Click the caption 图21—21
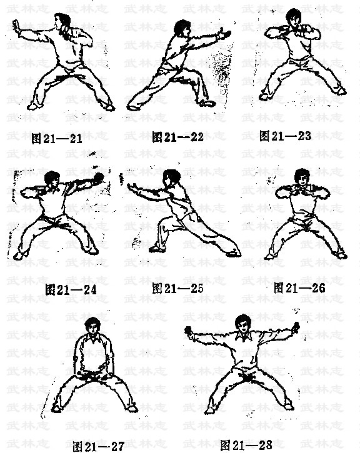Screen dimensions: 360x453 pyautogui.click(x=57, y=139)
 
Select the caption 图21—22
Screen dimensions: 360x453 pyautogui.click(x=177, y=137)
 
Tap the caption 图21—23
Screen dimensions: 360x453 pyautogui.click(x=285, y=136)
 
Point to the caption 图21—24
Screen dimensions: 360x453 pyautogui.click(x=71, y=289)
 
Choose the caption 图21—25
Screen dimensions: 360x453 pyautogui.click(x=177, y=288)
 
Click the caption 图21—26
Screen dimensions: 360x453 pyautogui.click(x=299, y=288)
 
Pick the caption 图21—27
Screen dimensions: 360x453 pyautogui.click(x=99, y=447)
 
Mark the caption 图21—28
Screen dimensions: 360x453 pyautogui.click(x=246, y=445)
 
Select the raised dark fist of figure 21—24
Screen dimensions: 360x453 pyautogui.click(x=99, y=177)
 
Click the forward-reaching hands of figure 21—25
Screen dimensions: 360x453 pyautogui.click(x=134, y=187)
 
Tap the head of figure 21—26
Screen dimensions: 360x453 pyautogui.click(x=302, y=177)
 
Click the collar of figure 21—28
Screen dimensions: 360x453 pyautogui.click(x=242, y=336)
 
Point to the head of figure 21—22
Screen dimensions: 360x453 pyautogui.click(x=182, y=28)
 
